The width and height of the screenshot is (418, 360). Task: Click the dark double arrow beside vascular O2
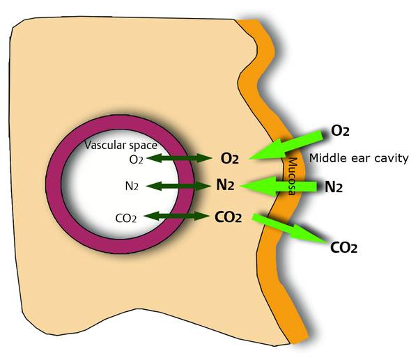pos(178,159)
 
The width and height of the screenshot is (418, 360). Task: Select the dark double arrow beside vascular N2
pos(178,186)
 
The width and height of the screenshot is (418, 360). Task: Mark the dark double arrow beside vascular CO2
pos(178,217)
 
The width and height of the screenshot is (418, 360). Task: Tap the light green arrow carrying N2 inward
pos(286,186)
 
